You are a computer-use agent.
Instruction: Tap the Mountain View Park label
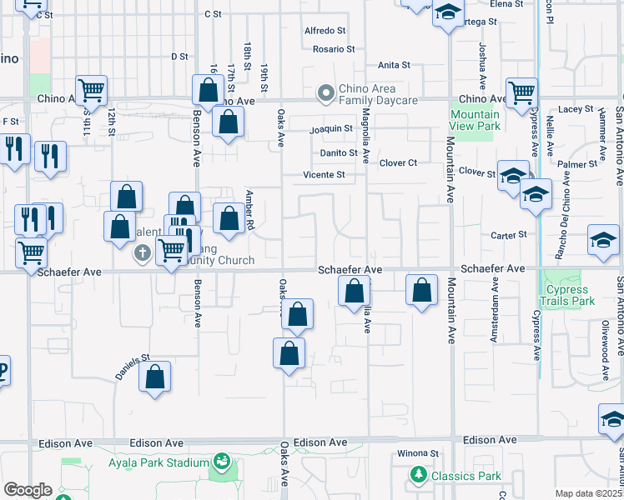coord(475,120)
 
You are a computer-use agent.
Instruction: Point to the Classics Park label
coord(465,476)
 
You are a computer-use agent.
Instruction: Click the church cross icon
coord(143,253)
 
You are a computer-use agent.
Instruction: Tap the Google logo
coord(28,490)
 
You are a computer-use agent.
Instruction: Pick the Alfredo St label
coord(326,31)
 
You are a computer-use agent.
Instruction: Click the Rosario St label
coord(335,49)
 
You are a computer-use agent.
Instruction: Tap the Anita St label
coord(394,64)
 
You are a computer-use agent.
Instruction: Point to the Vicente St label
coord(324,175)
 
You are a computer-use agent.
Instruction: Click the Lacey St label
coord(576,109)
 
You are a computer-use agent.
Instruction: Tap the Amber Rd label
coord(249,210)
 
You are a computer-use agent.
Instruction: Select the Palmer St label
coord(573,164)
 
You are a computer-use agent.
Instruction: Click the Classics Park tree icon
coord(418,476)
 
